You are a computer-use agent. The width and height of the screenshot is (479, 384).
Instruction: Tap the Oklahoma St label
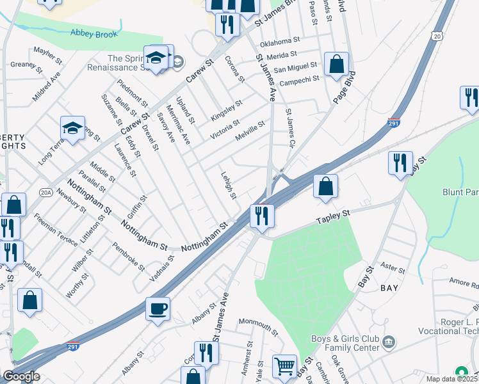279,42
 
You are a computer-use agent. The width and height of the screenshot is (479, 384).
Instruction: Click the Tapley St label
334,218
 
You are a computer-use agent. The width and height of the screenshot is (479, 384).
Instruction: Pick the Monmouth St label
258,326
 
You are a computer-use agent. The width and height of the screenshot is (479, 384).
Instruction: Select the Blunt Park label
460,191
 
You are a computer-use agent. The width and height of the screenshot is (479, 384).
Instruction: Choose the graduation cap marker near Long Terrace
73,128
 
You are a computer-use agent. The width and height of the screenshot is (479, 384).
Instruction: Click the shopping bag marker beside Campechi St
336,64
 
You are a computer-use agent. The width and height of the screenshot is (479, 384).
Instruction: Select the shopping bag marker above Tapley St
325,187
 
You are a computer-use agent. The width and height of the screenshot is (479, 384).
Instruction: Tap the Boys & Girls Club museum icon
389,341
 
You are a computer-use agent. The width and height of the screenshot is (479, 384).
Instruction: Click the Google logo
20,376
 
